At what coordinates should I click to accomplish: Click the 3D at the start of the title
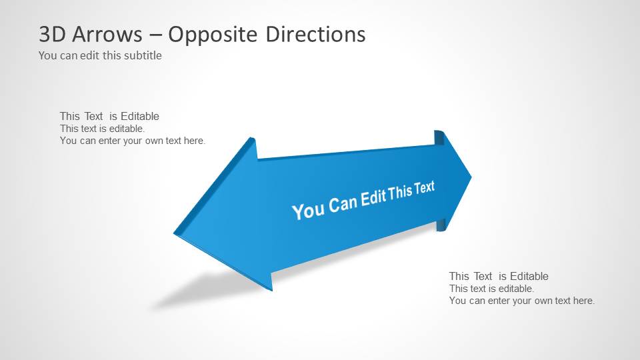(x=53, y=34)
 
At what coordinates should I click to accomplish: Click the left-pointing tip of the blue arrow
(x=175, y=233)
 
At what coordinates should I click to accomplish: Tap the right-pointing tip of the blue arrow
(x=471, y=177)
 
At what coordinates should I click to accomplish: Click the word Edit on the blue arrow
(x=374, y=197)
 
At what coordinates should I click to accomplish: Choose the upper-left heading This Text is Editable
(x=109, y=116)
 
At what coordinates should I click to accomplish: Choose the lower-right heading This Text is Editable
(x=499, y=276)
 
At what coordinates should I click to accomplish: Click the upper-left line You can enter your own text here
(x=132, y=141)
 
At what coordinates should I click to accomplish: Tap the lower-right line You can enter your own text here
(x=521, y=301)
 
